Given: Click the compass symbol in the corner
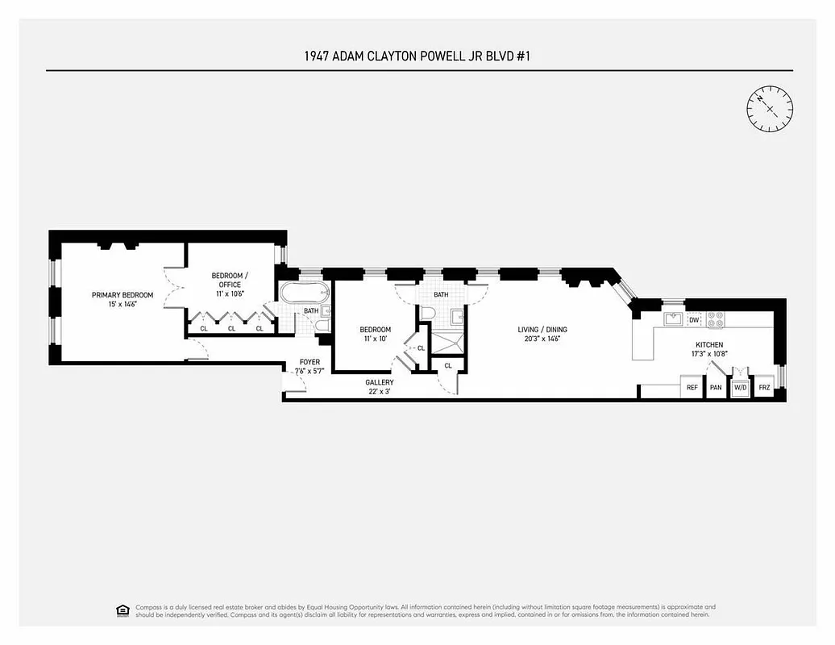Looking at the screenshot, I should coord(770,108).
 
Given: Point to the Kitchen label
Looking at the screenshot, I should coord(709,344).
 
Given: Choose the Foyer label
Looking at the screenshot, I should coord(309,362).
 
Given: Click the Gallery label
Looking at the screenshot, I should coord(380,382).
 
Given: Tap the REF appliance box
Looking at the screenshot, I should coord(692,388).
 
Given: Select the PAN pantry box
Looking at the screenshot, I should coord(716,388).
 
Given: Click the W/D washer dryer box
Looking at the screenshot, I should coord(740,388).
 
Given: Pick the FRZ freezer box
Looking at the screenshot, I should coord(765,388).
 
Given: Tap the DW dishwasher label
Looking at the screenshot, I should coord(694,320).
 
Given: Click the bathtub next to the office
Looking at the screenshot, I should coord(303,293).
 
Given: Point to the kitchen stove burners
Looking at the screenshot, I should coord(716,319).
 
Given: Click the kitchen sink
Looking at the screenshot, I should coord(673,319).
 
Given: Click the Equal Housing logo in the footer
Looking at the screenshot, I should coord(122,610).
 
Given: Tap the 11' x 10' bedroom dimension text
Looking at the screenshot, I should coord(375,339).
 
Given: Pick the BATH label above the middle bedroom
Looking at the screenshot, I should coord(441,294).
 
